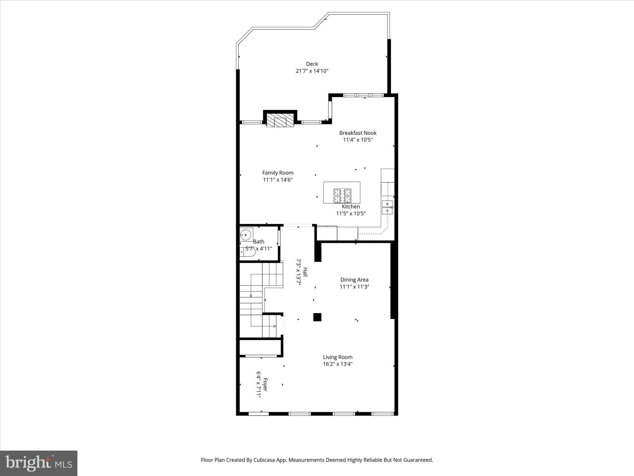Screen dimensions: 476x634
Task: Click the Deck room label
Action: coord(312,64)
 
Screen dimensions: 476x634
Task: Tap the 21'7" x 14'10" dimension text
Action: coord(312,71)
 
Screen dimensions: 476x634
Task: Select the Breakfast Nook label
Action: coord(358,133)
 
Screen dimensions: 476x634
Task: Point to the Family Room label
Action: coord(278,173)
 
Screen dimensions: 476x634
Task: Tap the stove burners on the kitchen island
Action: coord(342,196)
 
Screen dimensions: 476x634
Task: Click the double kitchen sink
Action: coord(387,207)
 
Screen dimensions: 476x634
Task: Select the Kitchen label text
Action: coord(351,207)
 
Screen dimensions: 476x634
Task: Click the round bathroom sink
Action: coord(246,235)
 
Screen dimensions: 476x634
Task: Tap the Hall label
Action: coord(305,272)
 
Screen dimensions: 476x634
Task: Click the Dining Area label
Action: coord(354,280)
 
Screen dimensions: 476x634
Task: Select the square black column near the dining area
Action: coord(317,317)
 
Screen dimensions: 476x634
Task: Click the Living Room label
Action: coord(338,357)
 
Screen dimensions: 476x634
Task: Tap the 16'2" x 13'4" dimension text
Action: coord(338,364)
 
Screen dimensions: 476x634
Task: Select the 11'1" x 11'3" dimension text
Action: coord(354,287)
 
